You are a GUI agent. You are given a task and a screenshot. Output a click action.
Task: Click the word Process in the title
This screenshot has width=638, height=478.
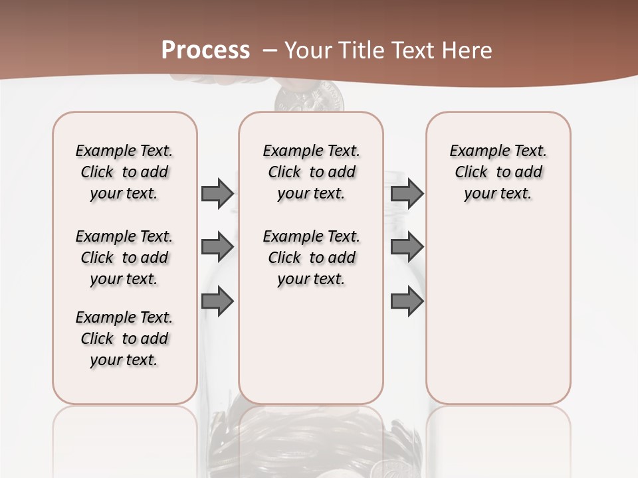click(x=205, y=50)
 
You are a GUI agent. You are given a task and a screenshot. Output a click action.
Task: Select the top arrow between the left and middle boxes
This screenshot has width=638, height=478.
click(x=217, y=193)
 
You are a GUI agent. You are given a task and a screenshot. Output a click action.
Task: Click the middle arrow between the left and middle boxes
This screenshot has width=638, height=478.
click(x=217, y=247)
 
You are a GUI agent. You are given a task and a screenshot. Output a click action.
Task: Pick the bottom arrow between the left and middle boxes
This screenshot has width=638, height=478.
click(x=217, y=301)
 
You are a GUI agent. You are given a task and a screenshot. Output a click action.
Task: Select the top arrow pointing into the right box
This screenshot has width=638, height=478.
click(x=407, y=193)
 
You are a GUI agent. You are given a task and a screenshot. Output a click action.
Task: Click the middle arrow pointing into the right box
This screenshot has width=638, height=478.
click(x=407, y=247)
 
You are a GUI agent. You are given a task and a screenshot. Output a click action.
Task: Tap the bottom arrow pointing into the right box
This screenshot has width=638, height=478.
click(x=407, y=301)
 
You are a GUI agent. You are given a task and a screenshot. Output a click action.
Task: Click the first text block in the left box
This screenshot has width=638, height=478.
click(x=124, y=172)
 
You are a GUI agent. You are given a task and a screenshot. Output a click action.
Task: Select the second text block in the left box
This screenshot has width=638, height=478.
click(x=124, y=258)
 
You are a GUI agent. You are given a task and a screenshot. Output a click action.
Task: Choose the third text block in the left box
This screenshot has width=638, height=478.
click(x=124, y=339)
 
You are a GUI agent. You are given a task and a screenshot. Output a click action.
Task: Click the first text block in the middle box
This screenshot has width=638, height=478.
click(x=311, y=172)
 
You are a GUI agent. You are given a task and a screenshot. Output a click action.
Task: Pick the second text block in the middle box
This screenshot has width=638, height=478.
click(x=311, y=258)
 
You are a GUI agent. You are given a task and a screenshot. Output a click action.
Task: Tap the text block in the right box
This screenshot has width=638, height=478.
click(x=498, y=172)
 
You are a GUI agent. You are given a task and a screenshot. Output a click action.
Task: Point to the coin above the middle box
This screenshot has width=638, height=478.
click(x=310, y=100)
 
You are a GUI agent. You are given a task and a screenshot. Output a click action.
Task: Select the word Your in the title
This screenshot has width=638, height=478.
click(x=308, y=50)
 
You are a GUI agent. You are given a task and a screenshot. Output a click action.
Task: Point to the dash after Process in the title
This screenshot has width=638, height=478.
click(x=270, y=50)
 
